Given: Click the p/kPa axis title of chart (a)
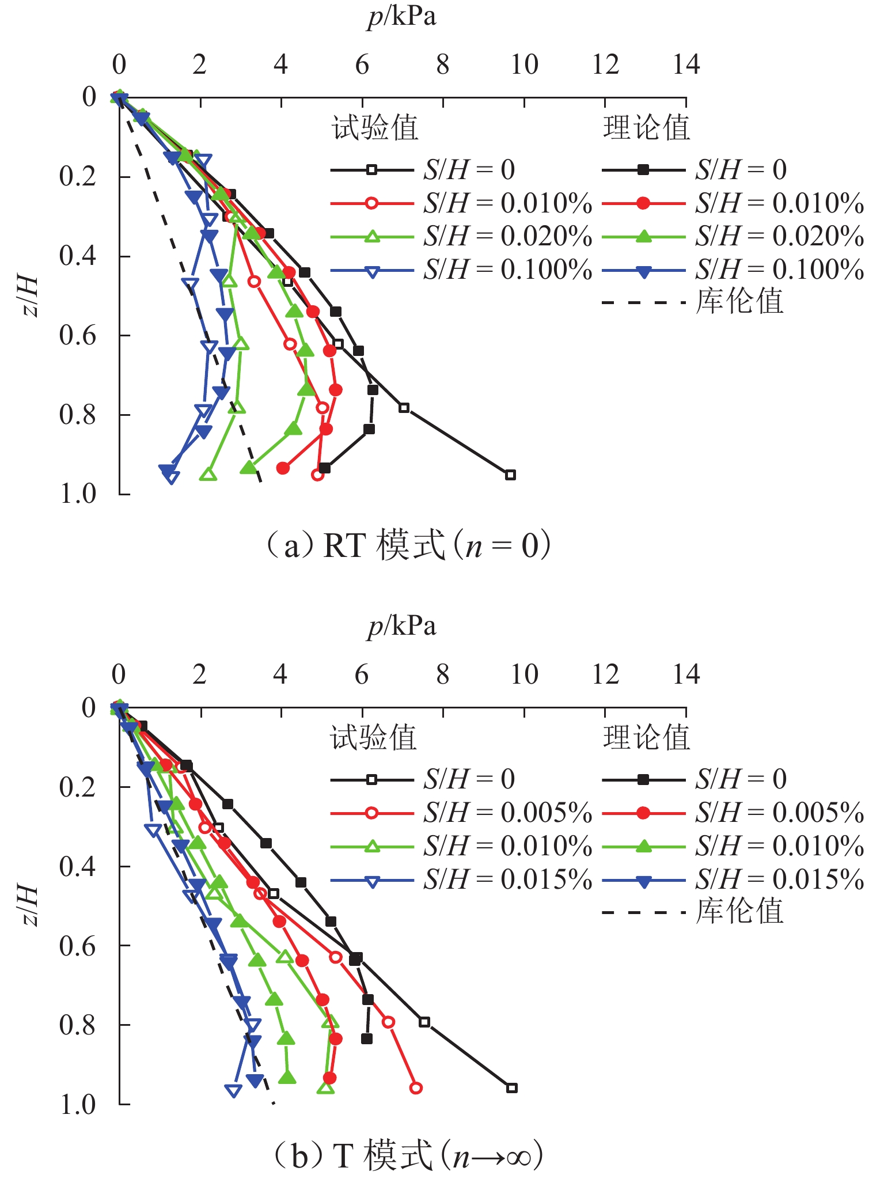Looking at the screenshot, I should tap(402, 17).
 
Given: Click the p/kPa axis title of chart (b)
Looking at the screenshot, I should tap(402, 626).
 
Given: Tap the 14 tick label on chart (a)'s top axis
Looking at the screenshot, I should tap(686, 65).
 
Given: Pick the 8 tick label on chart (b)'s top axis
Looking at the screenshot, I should tap(442, 674).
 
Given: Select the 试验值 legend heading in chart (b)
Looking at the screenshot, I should tap(373, 738).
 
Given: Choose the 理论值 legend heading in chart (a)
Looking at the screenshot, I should tap(646, 128).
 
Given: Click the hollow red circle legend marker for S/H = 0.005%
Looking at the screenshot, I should tap(372, 813).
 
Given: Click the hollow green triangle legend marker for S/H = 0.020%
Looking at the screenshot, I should tap(372, 236).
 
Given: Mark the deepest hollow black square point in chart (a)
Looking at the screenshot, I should tap(510, 475).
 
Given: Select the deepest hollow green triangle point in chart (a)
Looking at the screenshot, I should tap(208, 475).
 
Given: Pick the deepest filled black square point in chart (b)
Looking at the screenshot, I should tap(366, 1039).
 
